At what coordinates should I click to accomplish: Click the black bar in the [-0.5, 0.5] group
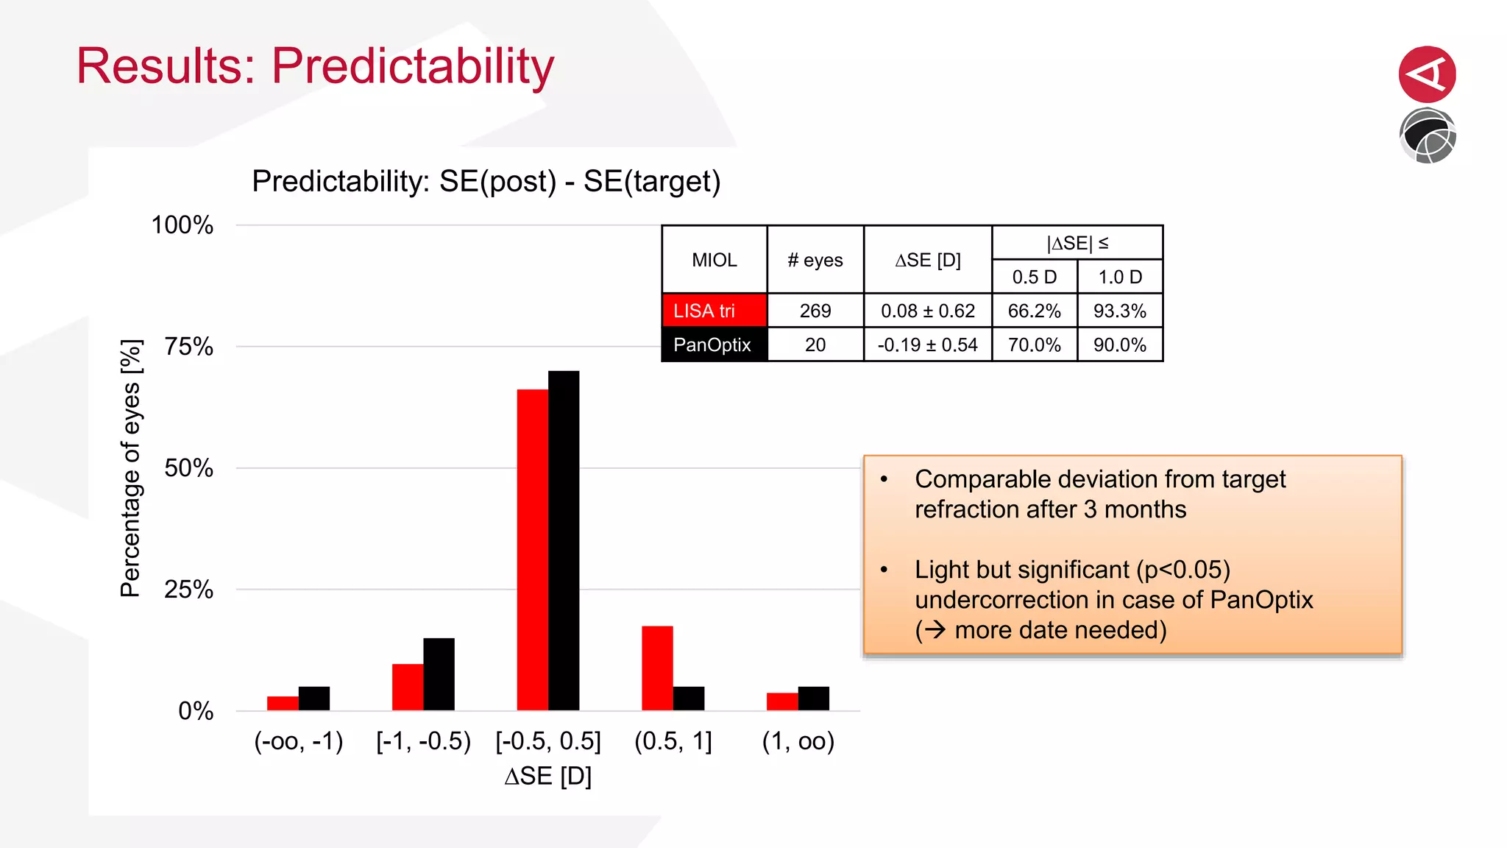(x=564, y=541)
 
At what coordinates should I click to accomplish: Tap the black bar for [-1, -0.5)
(x=439, y=674)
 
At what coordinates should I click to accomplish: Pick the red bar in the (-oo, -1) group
(x=283, y=703)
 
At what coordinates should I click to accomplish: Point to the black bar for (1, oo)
(x=813, y=698)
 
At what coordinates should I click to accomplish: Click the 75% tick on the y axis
(x=188, y=347)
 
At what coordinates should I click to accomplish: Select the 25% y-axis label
(x=188, y=590)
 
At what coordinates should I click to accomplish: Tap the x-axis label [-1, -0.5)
(x=423, y=741)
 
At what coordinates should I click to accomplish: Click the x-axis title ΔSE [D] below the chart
(x=548, y=776)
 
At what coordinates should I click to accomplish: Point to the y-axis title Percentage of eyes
(x=130, y=468)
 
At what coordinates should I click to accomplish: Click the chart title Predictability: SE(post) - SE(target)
(x=486, y=181)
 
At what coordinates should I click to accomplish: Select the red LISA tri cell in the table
(x=714, y=311)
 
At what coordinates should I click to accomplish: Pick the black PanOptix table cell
(x=714, y=344)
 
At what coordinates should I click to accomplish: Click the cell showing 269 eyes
(x=815, y=311)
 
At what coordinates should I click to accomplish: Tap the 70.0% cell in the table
(x=1034, y=344)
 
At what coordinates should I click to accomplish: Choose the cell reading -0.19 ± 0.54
(x=927, y=344)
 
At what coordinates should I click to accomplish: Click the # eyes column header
(x=815, y=260)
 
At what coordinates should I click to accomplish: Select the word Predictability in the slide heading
(x=413, y=66)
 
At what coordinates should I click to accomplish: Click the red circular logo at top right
(x=1427, y=74)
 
